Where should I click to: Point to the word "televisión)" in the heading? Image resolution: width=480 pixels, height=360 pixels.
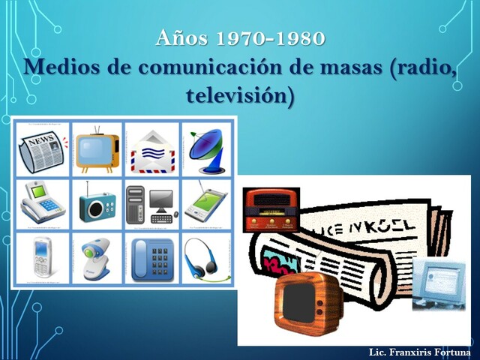[239, 95]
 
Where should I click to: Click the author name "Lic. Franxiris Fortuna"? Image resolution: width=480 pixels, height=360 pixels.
[420, 352]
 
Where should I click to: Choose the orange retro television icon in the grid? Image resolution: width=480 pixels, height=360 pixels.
[97, 148]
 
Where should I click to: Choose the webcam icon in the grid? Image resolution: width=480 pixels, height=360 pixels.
[97, 257]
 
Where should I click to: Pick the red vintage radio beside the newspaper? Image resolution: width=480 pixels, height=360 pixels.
[271, 211]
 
